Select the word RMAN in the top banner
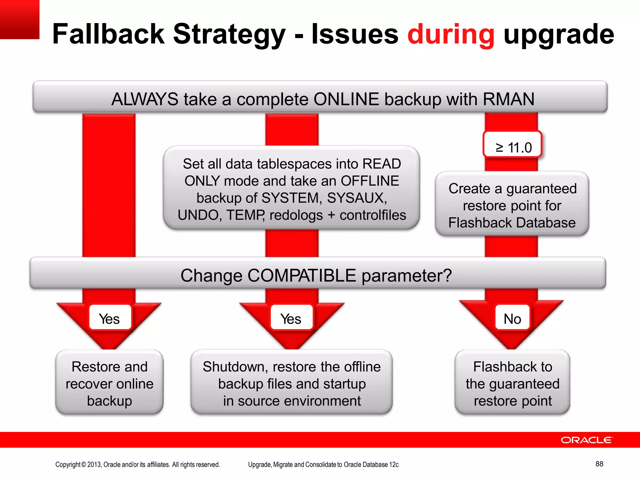(508, 99)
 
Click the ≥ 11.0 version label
(512, 147)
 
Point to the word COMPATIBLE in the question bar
(302, 276)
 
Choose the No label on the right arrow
(512, 319)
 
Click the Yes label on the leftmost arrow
(110, 319)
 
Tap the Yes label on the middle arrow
(291, 319)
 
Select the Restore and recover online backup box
(109, 383)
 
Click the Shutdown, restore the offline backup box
(292, 383)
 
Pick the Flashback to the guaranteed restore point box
(512, 383)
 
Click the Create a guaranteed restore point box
(512, 205)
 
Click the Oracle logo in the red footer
(587, 440)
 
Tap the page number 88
(599, 464)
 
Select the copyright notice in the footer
(137, 464)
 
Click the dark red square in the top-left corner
(19, 19)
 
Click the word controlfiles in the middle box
(372, 215)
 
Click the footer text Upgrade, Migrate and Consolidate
(323, 464)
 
